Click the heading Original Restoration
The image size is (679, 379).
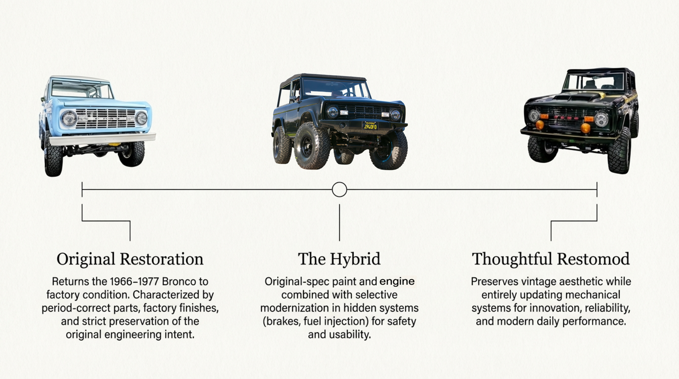pyautogui.click(x=130, y=259)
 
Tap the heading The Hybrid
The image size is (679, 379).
pyautogui.click(x=339, y=259)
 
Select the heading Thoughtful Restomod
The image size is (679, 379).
pyautogui.click(x=551, y=259)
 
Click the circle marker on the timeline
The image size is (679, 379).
pyautogui.click(x=339, y=190)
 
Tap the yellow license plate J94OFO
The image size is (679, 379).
pyautogui.click(x=370, y=126)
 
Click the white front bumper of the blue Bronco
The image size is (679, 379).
pyautogui.click(x=102, y=139)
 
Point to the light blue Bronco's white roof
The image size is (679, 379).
pyautogui.click(x=80, y=79)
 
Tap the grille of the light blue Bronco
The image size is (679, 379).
pyautogui.click(x=105, y=118)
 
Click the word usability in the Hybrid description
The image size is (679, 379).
pyautogui.click(x=350, y=334)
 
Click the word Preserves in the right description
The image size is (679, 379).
pyautogui.click(x=495, y=281)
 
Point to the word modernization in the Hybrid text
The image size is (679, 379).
pyautogui.click(x=299, y=308)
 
